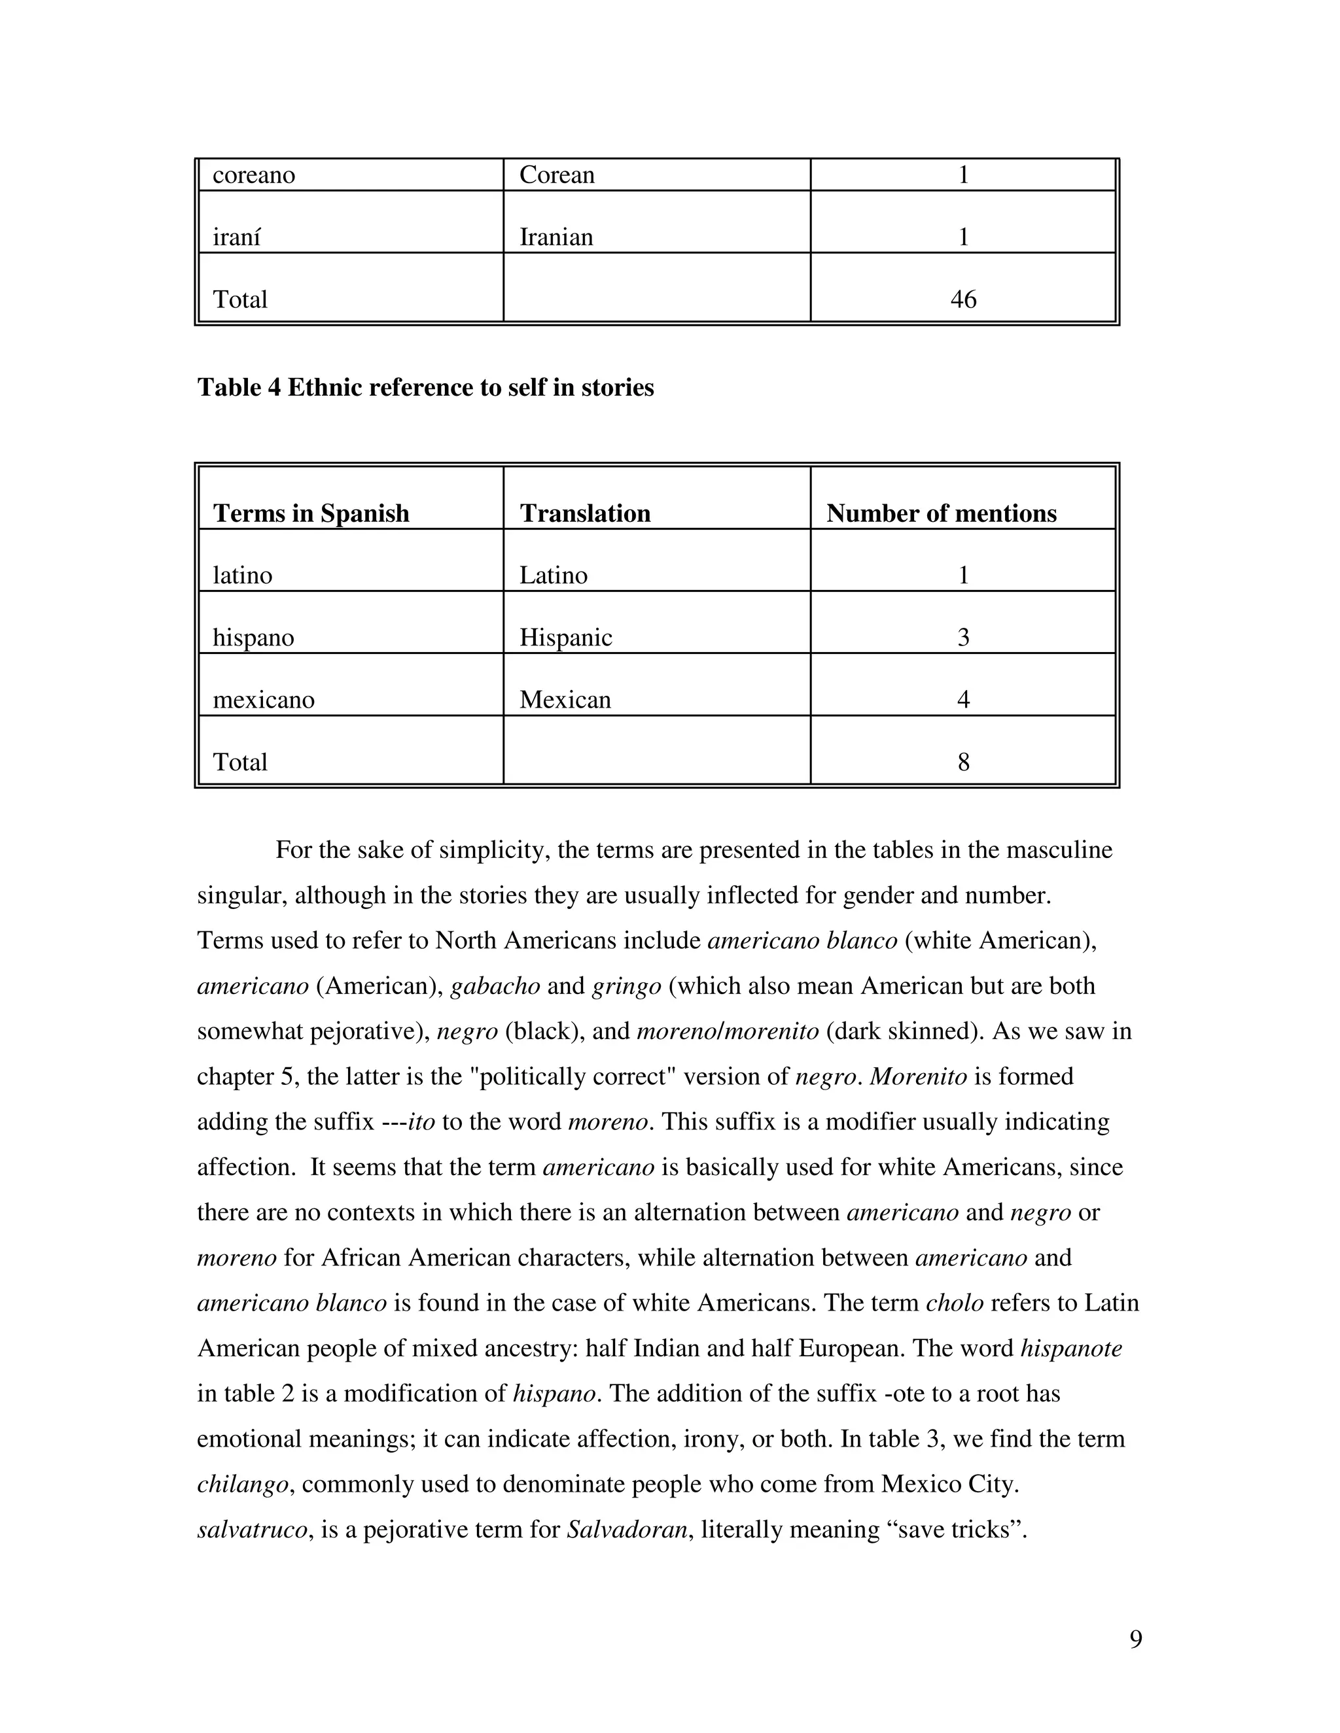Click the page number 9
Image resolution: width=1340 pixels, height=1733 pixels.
coord(1135,1639)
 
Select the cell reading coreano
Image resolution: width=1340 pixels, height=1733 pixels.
coord(254,175)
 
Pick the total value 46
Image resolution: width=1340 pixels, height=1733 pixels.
coord(963,299)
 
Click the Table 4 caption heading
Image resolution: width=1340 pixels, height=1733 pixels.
coord(425,387)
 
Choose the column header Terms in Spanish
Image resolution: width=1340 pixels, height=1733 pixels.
coord(311,513)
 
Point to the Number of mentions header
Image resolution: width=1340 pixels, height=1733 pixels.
coord(942,513)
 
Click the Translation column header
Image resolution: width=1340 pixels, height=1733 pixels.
coord(585,513)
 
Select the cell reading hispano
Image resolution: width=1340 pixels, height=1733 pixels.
coord(253,637)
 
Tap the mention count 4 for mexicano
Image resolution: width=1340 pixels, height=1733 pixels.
coord(963,699)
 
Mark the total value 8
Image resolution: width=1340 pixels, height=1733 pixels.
coord(963,762)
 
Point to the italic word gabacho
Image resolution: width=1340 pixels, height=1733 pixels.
coord(495,986)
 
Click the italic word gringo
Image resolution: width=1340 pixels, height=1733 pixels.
coord(626,986)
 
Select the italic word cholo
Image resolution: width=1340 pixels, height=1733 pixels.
coord(955,1303)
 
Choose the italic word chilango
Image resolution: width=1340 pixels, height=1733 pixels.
coord(242,1484)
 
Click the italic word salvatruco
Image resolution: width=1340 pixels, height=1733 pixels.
coord(252,1529)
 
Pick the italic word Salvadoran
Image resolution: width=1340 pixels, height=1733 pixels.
coord(627,1529)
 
